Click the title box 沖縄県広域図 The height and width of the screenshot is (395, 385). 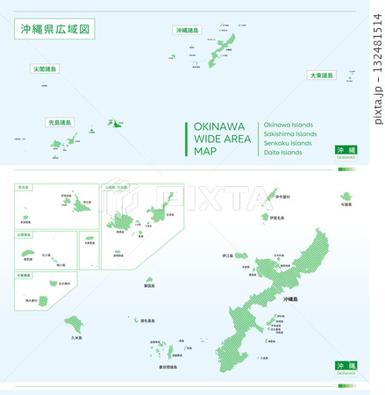(x=53, y=30)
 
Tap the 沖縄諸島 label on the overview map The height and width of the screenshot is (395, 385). (x=188, y=30)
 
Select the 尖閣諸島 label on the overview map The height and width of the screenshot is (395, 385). (x=45, y=68)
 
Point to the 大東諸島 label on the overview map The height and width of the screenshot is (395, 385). (x=321, y=75)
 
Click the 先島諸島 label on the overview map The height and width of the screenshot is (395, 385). (x=60, y=123)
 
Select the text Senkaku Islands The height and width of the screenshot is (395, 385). (x=287, y=143)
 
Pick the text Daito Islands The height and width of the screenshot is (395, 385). (x=282, y=153)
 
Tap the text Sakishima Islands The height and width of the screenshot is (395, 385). (x=289, y=133)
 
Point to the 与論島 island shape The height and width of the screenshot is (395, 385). (x=345, y=196)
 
